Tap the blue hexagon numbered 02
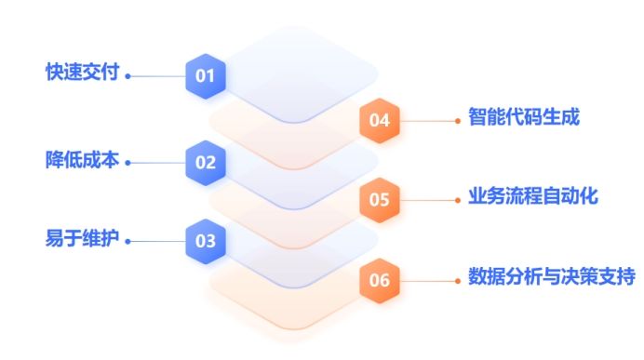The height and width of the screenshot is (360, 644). click(206, 162)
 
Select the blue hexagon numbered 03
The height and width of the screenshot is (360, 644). click(206, 241)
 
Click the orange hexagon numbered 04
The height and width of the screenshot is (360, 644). click(380, 120)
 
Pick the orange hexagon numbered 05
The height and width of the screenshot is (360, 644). click(380, 199)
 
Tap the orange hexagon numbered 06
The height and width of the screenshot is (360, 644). click(380, 279)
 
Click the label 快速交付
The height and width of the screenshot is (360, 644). click(83, 73)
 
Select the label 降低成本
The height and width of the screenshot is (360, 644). click(83, 160)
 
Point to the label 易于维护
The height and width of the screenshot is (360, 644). click(83, 238)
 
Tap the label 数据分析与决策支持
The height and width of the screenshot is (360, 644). click(551, 277)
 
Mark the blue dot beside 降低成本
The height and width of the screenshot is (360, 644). click(128, 163)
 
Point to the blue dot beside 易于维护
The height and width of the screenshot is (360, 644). click(128, 242)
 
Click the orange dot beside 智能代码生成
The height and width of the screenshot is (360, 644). click(458, 120)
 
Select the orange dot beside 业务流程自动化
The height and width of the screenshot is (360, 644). click(458, 199)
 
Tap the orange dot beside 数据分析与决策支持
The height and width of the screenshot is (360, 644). click(458, 279)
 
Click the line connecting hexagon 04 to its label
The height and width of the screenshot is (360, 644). click(428, 120)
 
